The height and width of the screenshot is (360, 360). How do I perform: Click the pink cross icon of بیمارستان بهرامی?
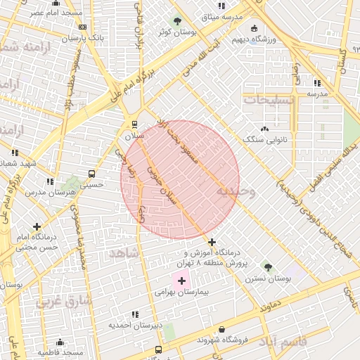[x=181, y=281]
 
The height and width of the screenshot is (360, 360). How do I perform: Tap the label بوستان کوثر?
[x=176, y=32]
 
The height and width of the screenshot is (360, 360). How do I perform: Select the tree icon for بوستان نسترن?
[x=267, y=266]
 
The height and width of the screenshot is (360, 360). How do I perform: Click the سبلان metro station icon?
[x=134, y=125]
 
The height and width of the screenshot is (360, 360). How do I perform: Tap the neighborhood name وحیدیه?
[x=236, y=191]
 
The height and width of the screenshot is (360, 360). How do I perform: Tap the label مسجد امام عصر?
[x=57, y=13]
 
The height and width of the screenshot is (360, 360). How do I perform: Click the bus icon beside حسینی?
[x=91, y=174]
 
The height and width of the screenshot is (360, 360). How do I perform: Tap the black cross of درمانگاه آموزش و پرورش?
[x=212, y=242]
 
